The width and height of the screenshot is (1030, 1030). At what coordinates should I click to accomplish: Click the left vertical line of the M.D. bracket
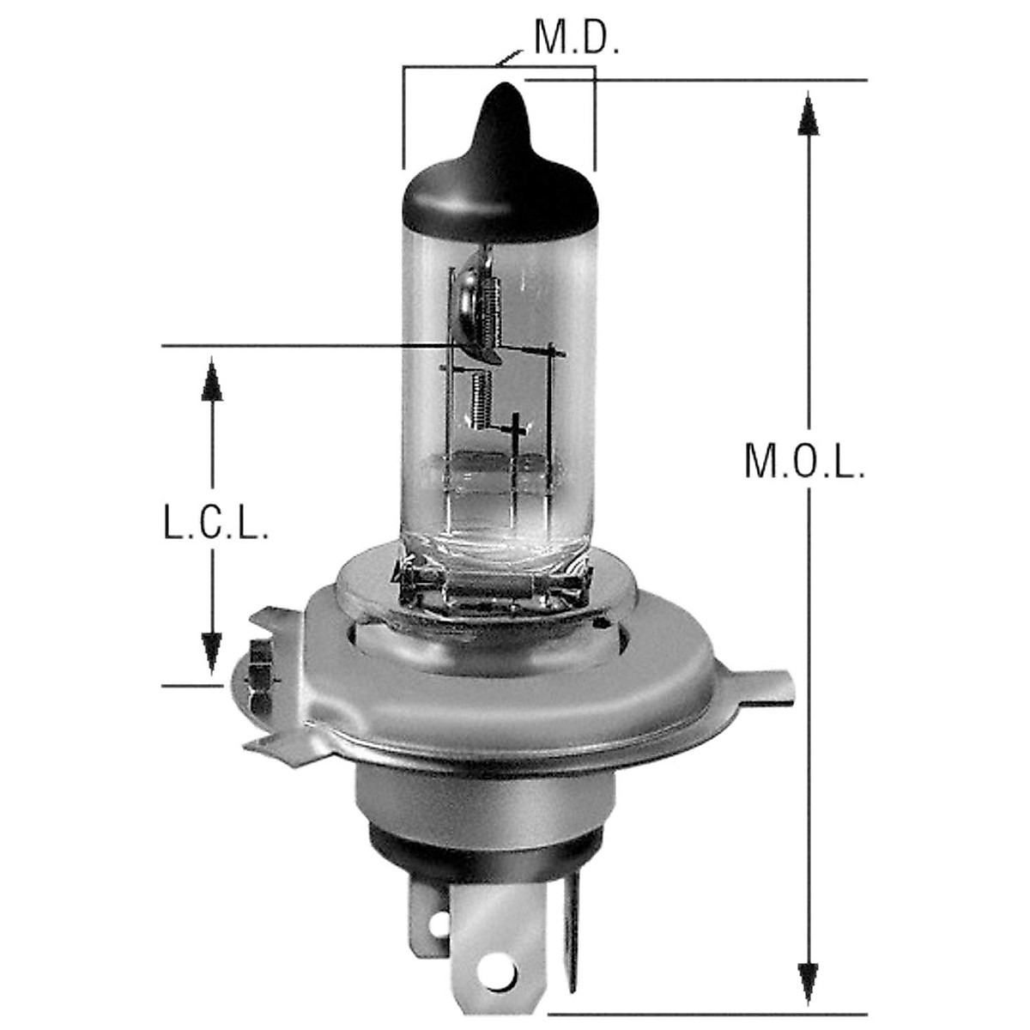point(403,116)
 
